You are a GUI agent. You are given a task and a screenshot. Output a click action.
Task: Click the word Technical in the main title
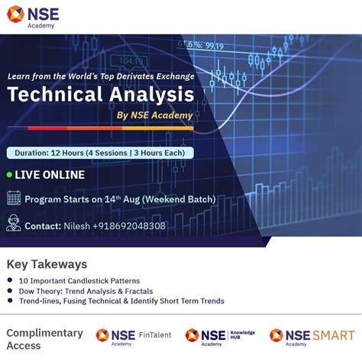pos(53,95)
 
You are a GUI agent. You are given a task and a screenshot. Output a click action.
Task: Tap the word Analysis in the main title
pos(148,95)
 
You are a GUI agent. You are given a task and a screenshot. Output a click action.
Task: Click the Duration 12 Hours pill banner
pos(100,153)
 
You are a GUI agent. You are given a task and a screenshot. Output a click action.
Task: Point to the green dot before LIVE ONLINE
pos(10,175)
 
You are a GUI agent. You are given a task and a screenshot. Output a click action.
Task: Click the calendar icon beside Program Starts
pos(14,199)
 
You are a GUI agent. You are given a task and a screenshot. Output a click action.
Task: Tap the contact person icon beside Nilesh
pos(14,224)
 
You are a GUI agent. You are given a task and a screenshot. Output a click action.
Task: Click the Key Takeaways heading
pos(47,264)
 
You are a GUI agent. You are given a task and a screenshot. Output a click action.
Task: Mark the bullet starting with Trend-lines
pos(115,301)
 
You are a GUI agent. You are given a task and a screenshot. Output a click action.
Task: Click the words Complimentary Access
pos(44,339)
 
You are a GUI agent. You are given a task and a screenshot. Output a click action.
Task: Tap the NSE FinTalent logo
pos(133,335)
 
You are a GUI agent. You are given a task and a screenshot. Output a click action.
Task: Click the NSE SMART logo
pos(312,335)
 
